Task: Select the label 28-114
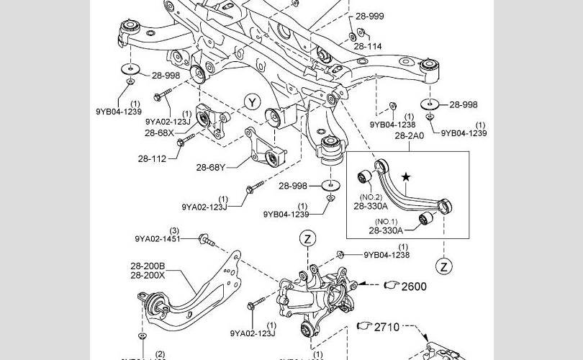coord(367,46)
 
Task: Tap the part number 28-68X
coord(159,132)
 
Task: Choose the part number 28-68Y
coord(211,167)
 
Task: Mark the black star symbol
coord(407,176)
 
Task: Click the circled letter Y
coord(251,102)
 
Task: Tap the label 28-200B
coord(148,266)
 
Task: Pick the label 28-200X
coord(148,275)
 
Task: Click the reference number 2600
coord(414,287)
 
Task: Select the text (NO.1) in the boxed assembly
coord(386,221)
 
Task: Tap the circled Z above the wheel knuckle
coord(307,238)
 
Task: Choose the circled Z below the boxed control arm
coord(445,266)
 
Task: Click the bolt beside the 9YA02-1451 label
coord(206,239)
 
